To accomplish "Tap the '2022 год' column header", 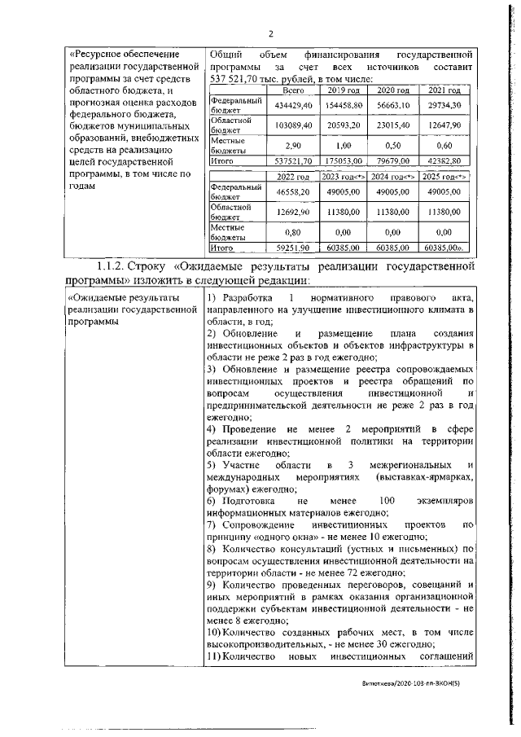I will click(291, 176).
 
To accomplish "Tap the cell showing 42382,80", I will click(445, 161).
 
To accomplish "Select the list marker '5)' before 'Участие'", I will click(211, 463).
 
